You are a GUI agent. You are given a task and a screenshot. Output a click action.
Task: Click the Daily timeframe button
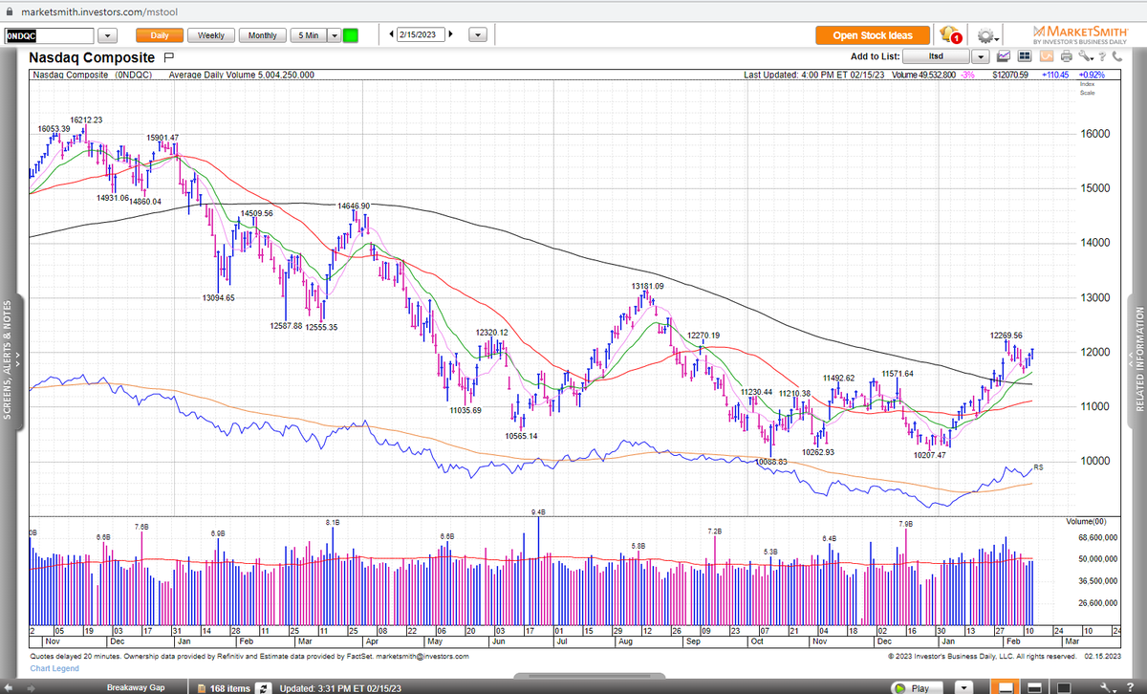(x=159, y=35)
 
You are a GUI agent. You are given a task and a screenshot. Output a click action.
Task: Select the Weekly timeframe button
(x=211, y=35)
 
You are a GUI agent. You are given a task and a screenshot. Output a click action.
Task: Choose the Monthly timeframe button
(x=262, y=35)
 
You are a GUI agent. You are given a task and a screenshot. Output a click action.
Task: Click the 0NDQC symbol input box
(x=48, y=35)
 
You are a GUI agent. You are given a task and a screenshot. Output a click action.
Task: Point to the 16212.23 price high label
(x=86, y=119)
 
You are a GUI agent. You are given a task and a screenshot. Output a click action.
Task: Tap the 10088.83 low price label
(x=770, y=462)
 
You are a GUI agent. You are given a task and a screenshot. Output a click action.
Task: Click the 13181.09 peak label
(x=647, y=286)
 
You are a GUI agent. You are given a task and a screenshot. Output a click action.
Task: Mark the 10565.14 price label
(x=521, y=436)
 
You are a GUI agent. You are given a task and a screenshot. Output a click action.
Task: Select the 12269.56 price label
(x=1006, y=336)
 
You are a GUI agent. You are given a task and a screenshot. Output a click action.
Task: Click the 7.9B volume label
(x=906, y=524)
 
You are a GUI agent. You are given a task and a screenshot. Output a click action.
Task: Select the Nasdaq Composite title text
(x=92, y=57)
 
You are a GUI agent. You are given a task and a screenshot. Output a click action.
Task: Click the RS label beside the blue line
(x=1038, y=466)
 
